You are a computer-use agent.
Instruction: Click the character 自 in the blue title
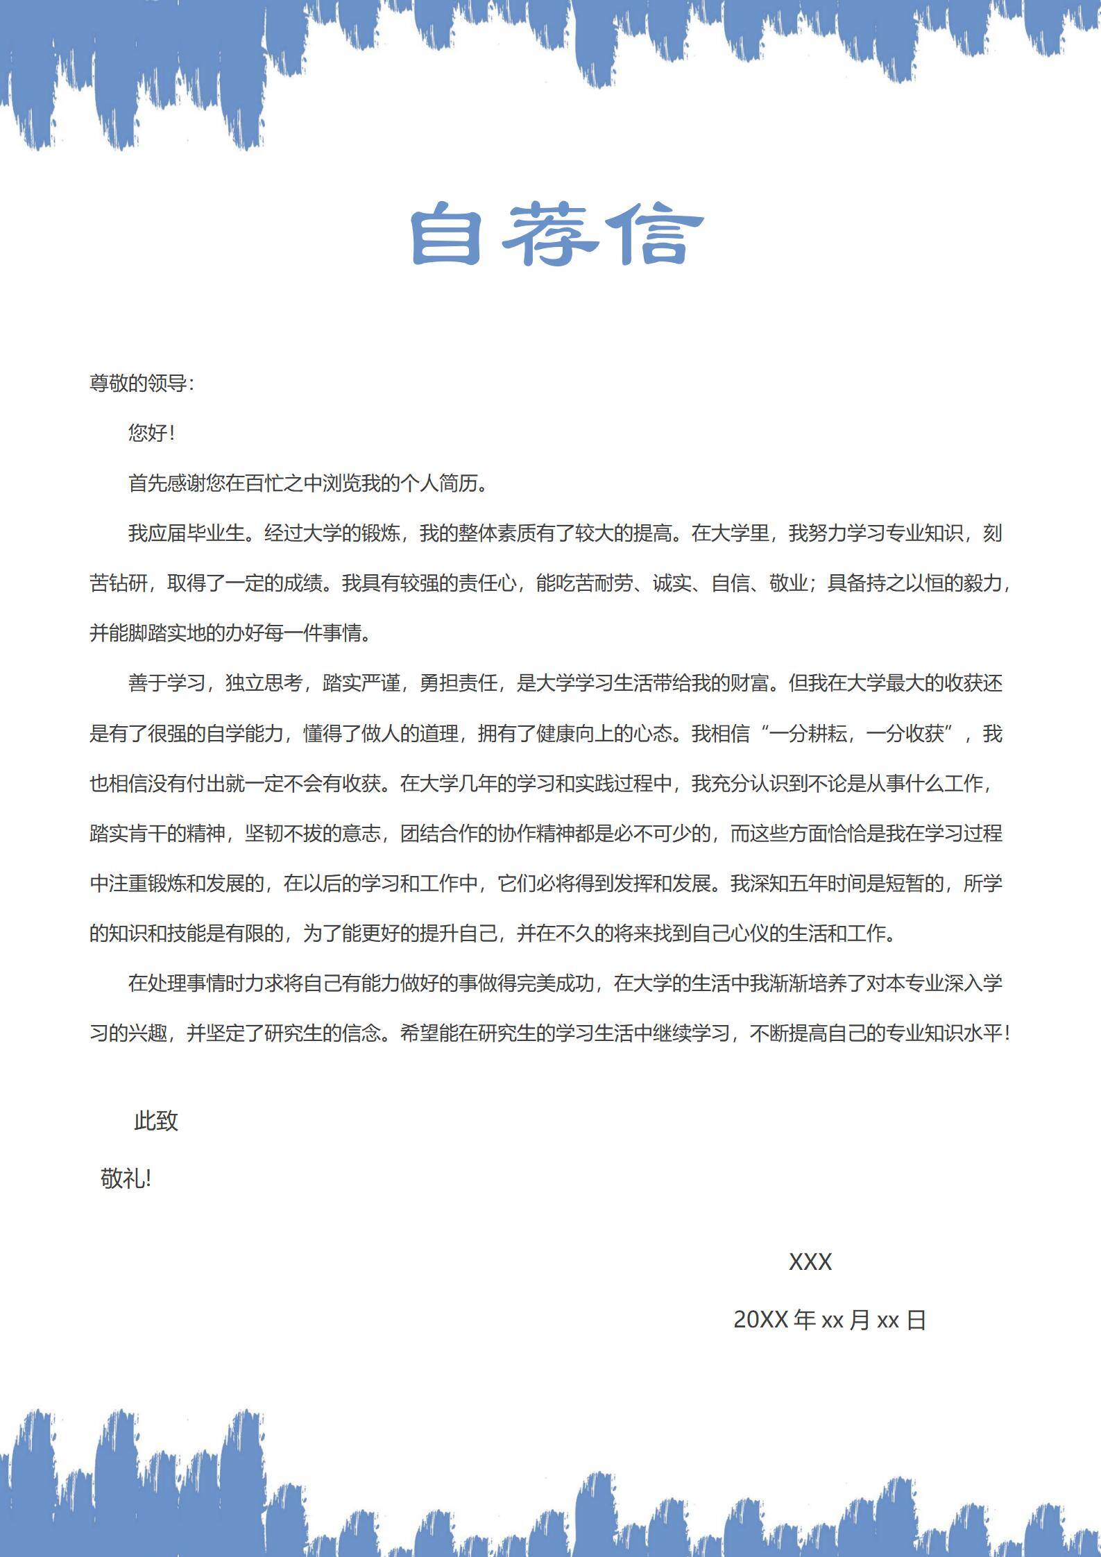tap(446, 234)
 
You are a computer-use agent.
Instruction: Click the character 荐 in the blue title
tap(552, 234)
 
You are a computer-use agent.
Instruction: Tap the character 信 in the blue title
tap(656, 234)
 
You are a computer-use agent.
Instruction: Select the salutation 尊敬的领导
tap(138, 384)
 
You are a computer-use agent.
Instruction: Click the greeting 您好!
tap(151, 433)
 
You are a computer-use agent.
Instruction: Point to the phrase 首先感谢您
tap(176, 483)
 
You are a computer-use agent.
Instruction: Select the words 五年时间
tap(808, 884)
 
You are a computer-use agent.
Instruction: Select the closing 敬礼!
tap(126, 1179)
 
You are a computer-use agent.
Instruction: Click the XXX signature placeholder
tap(810, 1262)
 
